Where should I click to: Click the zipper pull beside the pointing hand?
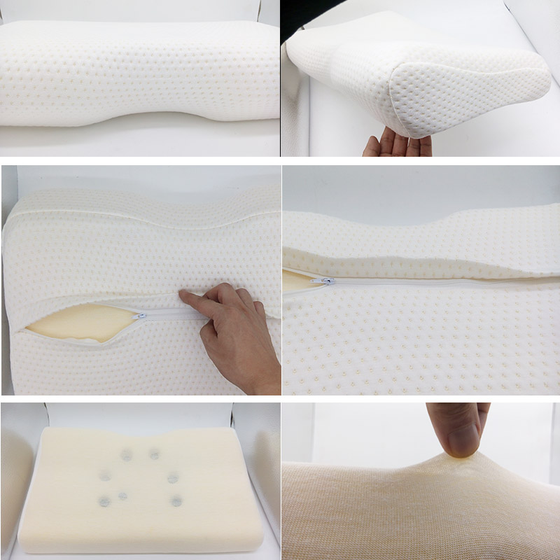[142, 316]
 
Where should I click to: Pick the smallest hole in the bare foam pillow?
[122, 496]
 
